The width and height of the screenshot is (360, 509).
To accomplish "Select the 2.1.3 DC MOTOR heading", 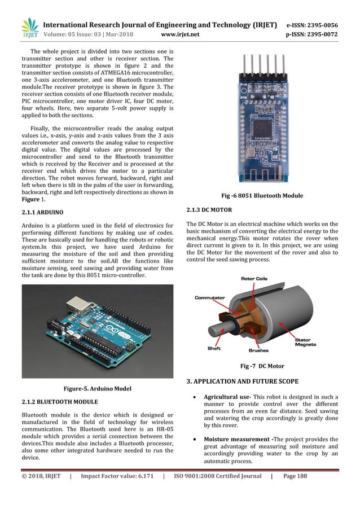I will [209, 210].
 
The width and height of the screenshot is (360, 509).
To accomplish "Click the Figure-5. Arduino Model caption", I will [97, 388].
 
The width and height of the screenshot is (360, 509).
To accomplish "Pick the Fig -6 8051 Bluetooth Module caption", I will [262, 195].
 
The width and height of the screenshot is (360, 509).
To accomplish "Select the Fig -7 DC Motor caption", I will [262, 366].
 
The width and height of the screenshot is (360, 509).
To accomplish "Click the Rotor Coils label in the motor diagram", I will [254, 279].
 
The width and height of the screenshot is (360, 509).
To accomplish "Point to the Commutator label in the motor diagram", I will [210, 297].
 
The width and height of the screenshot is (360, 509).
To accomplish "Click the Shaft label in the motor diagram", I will [214, 348].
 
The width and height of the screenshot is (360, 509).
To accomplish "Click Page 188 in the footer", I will [295, 476].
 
